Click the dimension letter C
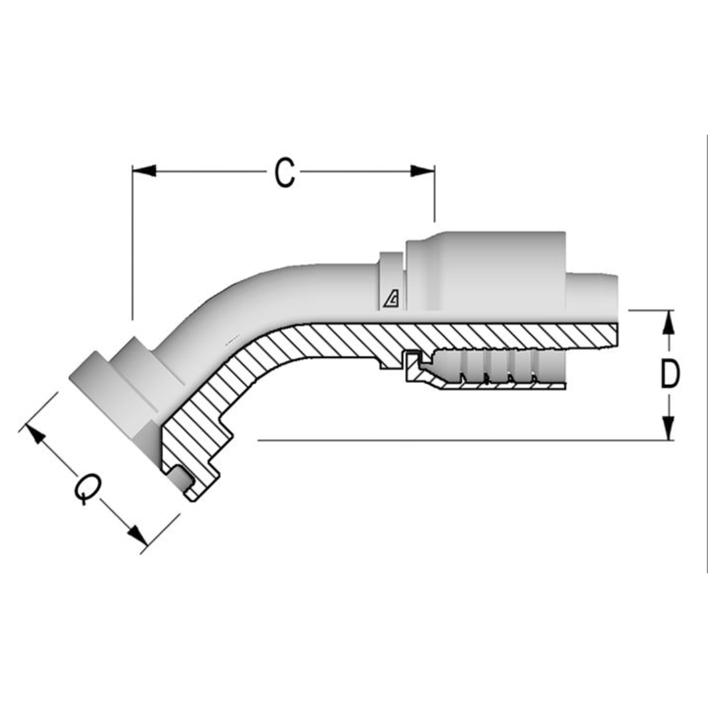coord(284,173)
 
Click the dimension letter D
coord(669,375)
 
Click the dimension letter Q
coord(87,489)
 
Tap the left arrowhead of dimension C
coord(145,171)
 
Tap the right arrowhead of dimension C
coord(422,171)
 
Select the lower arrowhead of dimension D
coord(668,429)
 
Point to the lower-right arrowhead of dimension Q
coord(137,535)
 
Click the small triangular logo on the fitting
coord(392,300)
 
